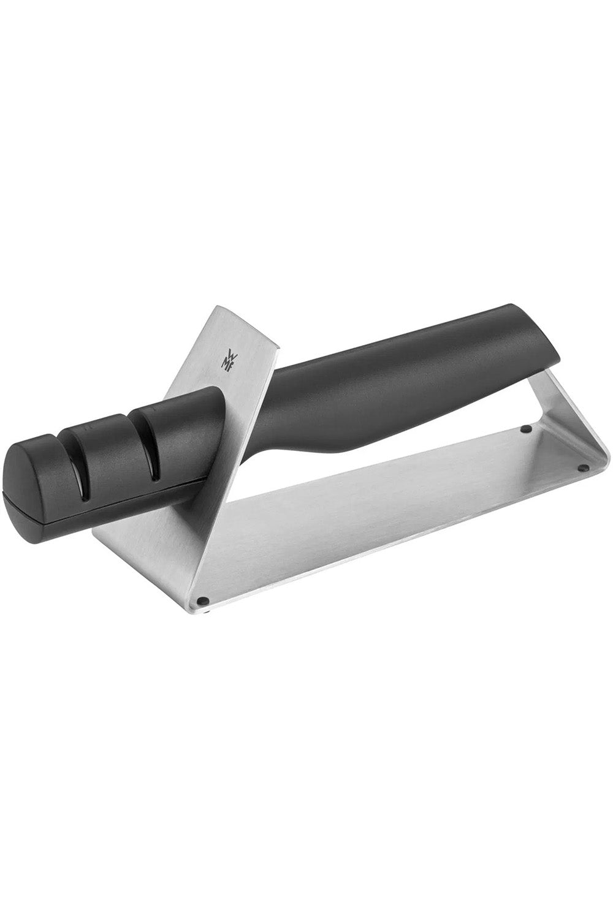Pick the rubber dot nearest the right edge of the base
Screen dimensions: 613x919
point(582,467)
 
